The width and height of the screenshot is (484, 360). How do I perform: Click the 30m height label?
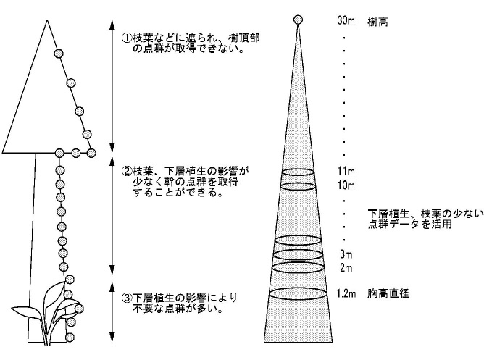[346, 21]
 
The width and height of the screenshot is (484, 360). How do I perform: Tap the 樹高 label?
[377, 22]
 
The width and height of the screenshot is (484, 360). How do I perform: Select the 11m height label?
[346, 171]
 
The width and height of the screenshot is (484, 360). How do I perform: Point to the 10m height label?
[346, 185]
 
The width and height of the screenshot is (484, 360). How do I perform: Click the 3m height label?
[346, 254]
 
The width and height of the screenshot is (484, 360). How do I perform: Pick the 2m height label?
[346, 267]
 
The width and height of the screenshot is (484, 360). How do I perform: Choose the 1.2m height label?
[346, 293]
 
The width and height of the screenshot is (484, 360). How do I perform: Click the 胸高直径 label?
[388, 293]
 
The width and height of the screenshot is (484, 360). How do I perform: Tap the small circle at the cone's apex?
[298, 20]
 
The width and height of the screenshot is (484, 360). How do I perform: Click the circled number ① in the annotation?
[127, 38]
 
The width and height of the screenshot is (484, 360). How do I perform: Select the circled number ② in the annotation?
[127, 171]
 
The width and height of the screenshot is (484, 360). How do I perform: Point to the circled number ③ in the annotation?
[127, 298]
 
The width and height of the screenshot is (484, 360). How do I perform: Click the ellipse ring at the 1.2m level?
[299, 299]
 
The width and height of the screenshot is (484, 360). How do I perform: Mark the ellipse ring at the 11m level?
[299, 175]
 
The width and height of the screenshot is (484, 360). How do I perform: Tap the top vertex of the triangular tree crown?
[47, 20]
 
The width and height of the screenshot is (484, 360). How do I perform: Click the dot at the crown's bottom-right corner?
[91, 153]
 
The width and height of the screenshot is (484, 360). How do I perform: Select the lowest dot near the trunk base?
[70, 337]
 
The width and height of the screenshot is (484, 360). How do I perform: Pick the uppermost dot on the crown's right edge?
[59, 54]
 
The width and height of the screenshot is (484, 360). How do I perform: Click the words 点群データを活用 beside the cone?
[409, 225]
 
